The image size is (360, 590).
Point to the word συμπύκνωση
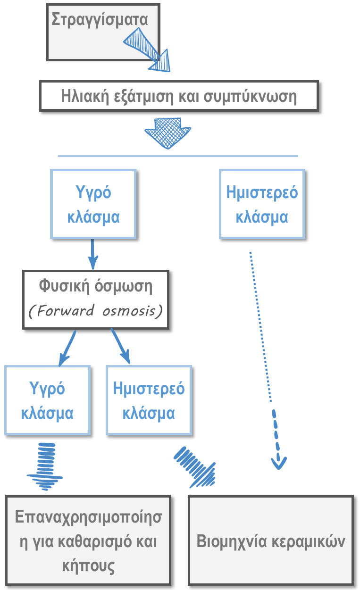[x=251, y=97]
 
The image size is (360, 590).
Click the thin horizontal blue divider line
[x=178, y=156]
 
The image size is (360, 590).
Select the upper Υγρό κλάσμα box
[x=93, y=204]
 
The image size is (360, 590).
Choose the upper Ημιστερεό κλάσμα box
[x=262, y=204]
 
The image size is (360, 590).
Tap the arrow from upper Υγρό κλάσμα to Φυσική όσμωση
[x=92, y=255]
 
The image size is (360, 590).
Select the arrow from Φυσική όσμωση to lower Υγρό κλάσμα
[x=67, y=349]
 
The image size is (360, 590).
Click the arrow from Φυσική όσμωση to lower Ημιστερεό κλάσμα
[x=120, y=347]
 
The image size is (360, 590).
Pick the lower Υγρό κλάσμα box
[x=47, y=400]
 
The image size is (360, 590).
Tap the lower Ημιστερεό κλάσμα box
[x=149, y=400]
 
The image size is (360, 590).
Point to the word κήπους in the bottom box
[x=88, y=565]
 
